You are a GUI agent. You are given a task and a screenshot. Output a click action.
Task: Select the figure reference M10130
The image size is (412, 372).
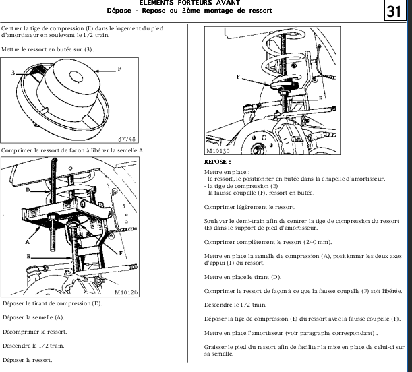point(219,152)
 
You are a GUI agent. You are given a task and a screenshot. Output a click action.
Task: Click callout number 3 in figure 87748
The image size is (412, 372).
point(13,70)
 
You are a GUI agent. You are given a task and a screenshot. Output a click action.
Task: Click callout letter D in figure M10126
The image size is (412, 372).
point(28,191)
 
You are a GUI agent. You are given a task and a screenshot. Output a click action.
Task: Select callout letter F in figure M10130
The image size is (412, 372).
point(238,77)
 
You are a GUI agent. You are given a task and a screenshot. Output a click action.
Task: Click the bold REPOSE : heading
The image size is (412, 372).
point(217,162)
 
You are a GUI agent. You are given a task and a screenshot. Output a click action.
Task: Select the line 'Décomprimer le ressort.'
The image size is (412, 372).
point(34,332)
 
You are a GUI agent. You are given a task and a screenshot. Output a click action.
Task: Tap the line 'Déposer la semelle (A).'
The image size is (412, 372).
point(34,317)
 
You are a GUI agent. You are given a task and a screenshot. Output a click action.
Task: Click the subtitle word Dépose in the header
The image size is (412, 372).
point(118,11)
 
